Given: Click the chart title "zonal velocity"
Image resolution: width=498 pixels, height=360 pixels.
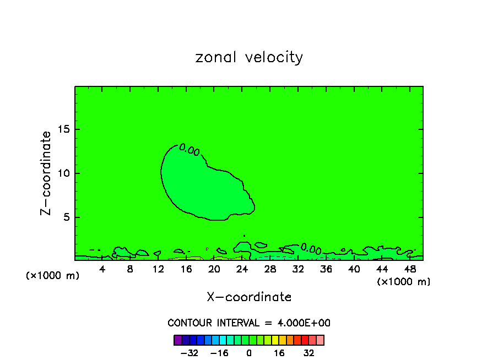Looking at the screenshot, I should [249, 57].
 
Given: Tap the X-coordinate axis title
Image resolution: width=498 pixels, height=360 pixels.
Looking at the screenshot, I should [249, 297].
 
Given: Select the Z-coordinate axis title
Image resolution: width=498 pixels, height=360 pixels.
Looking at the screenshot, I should [46, 173].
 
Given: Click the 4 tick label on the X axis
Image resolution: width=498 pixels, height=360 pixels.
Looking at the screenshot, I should [102, 269].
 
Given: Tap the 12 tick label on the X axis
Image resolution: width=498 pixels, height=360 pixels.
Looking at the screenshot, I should [158, 269].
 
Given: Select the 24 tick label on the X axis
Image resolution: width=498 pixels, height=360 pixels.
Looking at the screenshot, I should [242, 269].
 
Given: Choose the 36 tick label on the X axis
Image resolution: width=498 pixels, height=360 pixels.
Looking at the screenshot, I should [326, 269].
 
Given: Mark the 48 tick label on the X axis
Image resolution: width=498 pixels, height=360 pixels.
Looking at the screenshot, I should [409, 269].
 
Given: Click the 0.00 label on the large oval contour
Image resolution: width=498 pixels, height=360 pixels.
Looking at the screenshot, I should [190, 150].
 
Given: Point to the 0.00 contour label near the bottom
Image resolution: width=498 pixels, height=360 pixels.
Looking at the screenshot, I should [311, 248].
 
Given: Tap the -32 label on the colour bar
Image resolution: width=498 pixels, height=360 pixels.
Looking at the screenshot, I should [190, 353].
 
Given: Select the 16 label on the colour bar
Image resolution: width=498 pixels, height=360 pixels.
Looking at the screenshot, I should [279, 353].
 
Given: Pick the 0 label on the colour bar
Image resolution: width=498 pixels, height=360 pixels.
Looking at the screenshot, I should [249, 353].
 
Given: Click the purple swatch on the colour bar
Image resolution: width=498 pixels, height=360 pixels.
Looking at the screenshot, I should [177, 340].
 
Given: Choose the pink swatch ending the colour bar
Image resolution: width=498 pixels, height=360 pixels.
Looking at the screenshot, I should [320, 340].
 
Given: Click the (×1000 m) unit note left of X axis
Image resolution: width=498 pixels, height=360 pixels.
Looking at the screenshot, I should [53, 276].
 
